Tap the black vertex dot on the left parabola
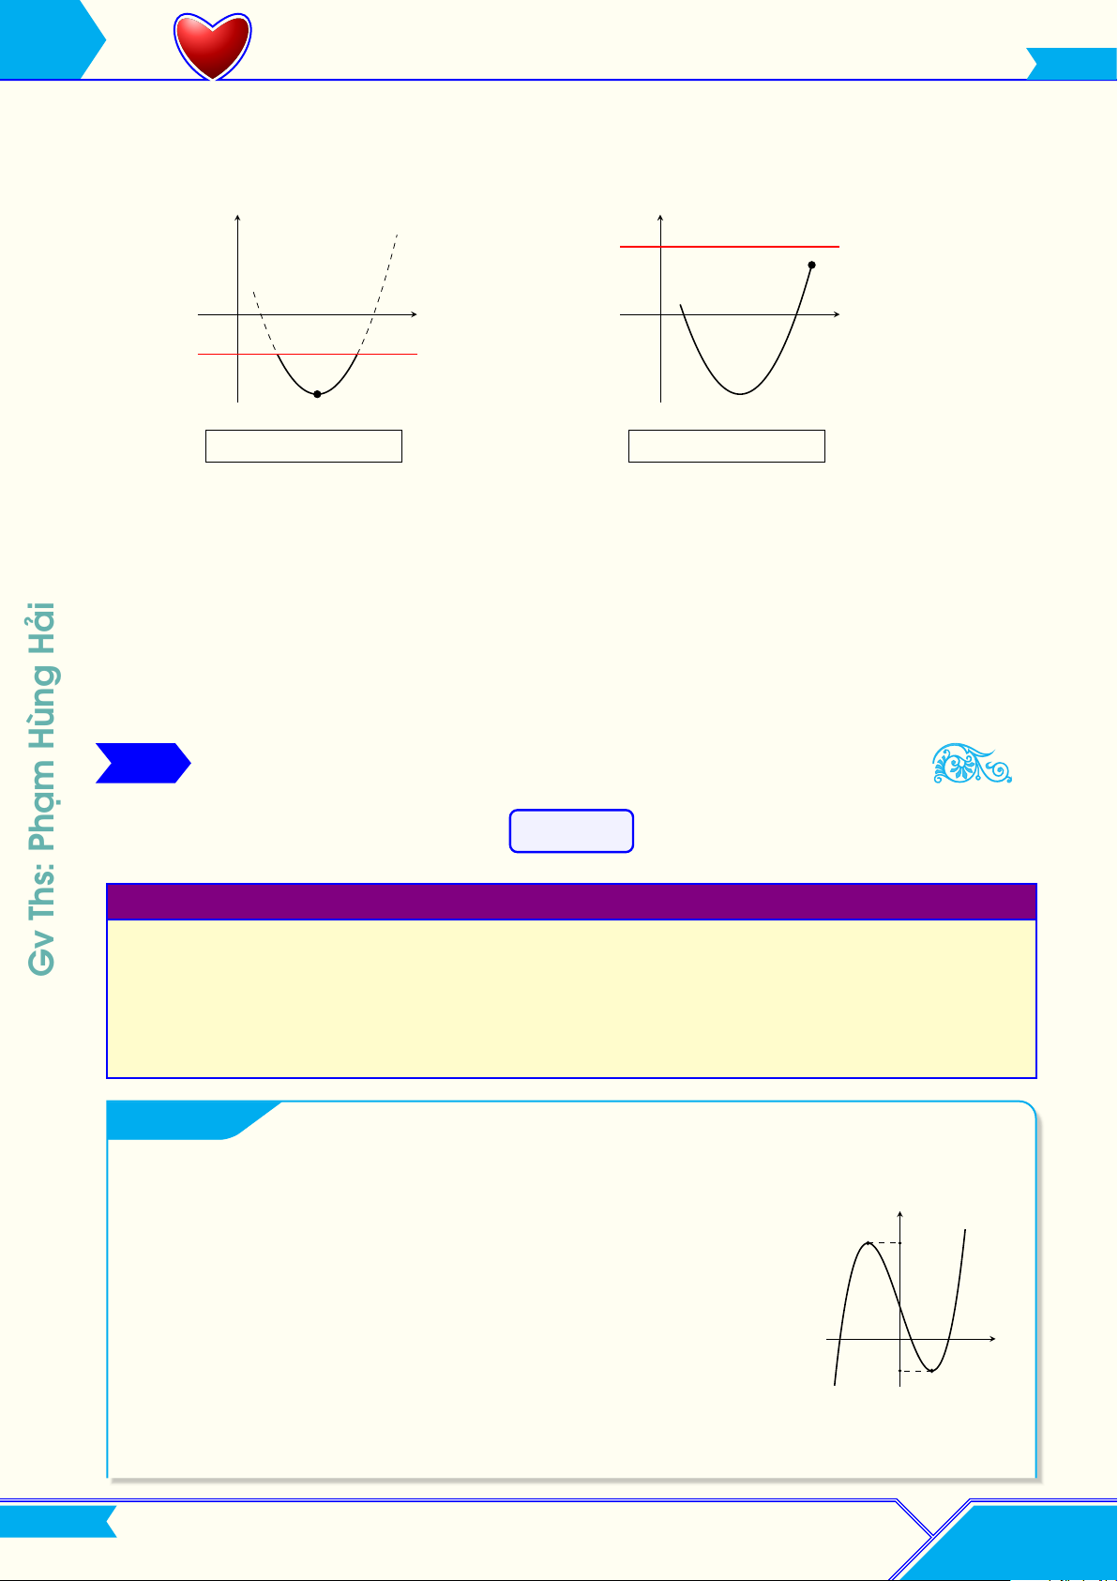click(317, 394)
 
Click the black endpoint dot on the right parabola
click(812, 266)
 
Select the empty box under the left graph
click(304, 446)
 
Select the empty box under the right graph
click(727, 446)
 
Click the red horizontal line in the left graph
click(308, 354)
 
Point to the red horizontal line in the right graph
click(730, 247)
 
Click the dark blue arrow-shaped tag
click(144, 763)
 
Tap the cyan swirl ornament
click(972, 763)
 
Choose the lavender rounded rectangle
click(571, 830)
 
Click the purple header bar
click(571, 902)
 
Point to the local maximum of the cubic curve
click(868, 1242)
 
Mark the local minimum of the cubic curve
click(931, 1371)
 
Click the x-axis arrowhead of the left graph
click(414, 314)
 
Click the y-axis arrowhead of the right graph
click(660, 218)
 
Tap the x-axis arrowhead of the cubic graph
click(992, 1338)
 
